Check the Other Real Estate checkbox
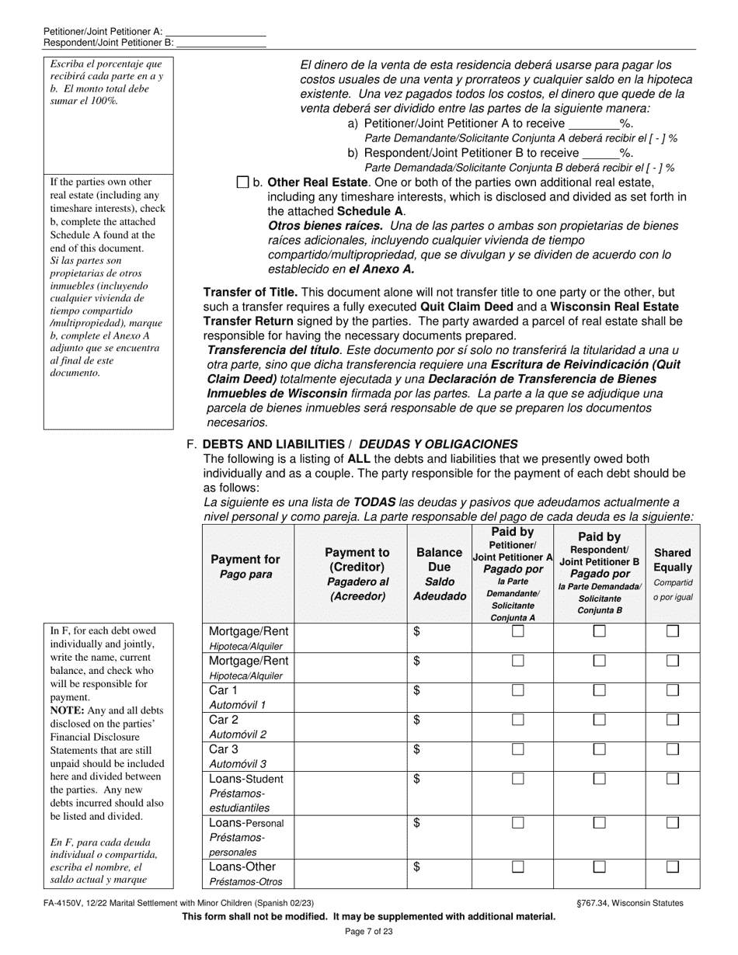(x=242, y=182)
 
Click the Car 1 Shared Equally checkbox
(x=673, y=690)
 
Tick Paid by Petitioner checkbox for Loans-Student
(x=518, y=779)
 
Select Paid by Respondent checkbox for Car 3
(x=600, y=749)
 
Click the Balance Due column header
(x=439, y=574)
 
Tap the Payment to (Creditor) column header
(x=357, y=574)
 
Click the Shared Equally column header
(x=673, y=574)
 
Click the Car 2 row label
(x=224, y=720)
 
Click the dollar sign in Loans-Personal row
(x=417, y=822)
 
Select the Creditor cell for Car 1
(x=350, y=697)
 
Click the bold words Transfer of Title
(x=250, y=293)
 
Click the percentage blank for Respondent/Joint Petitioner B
(x=600, y=153)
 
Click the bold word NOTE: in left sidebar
(x=71, y=710)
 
